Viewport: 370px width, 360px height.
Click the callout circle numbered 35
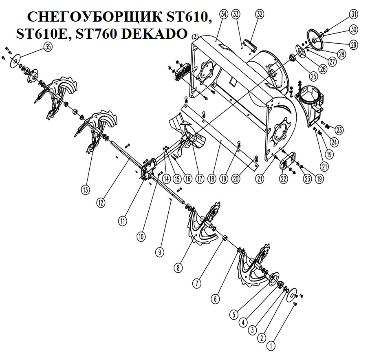(x=48, y=47)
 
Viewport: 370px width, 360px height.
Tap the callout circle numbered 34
(x=223, y=14)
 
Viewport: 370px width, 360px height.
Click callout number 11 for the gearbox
(x=123, y=221)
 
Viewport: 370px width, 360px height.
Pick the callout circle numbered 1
(x=271, y=346)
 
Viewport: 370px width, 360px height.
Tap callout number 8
(x=178, y=268)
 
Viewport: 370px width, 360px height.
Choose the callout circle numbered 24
(x=334, y=142)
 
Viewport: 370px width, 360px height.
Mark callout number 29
(x=353, y=44)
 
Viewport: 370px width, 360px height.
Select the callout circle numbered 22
(x=283, y=179)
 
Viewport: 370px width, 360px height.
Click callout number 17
(x=200, y=179)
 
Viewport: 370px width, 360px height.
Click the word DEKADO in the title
(x=154, y=34)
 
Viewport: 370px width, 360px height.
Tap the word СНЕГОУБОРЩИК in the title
(x=95, y=17)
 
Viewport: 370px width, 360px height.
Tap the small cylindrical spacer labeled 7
(x=225, y=237)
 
